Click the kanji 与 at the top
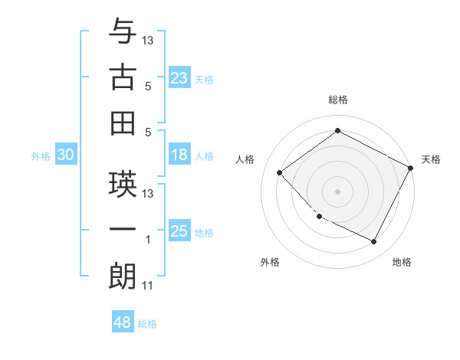[123, 32]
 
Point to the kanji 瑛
[123, 184]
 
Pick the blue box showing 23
[179, 78]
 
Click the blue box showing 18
[179, 155]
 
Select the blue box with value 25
[179, 232]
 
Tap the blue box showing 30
[65, 155]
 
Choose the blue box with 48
[123, 323]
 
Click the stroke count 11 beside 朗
[147, 286]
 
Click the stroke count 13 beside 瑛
[148, 193]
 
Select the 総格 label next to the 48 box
[147, 324]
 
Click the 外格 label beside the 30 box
[41, 156]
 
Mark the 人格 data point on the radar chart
[280, 172]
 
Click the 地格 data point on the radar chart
[374, 242]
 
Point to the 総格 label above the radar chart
[337, 100]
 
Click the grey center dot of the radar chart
[337, 191]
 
